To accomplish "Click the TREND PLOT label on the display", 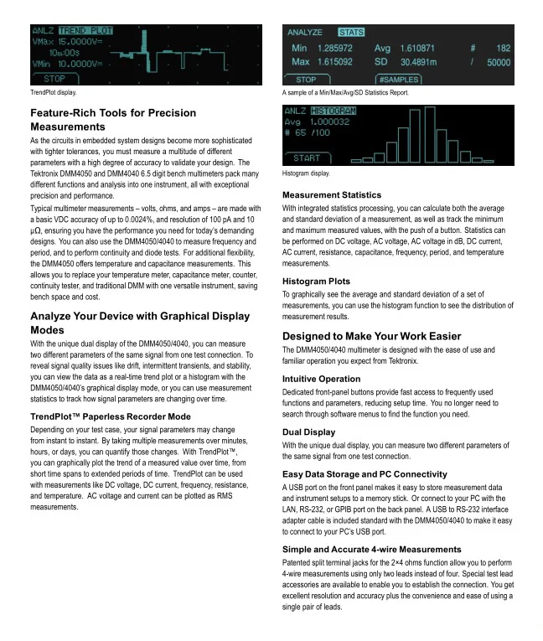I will coord(86,31).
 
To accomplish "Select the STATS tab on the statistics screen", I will coord(352,32).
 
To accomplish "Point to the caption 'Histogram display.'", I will coord(307,173).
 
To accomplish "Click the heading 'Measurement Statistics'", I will coord(332,194).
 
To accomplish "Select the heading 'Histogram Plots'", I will coord(316,281).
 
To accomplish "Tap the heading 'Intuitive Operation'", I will coord(321,378).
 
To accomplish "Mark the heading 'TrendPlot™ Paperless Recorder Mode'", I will coord(110,416).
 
